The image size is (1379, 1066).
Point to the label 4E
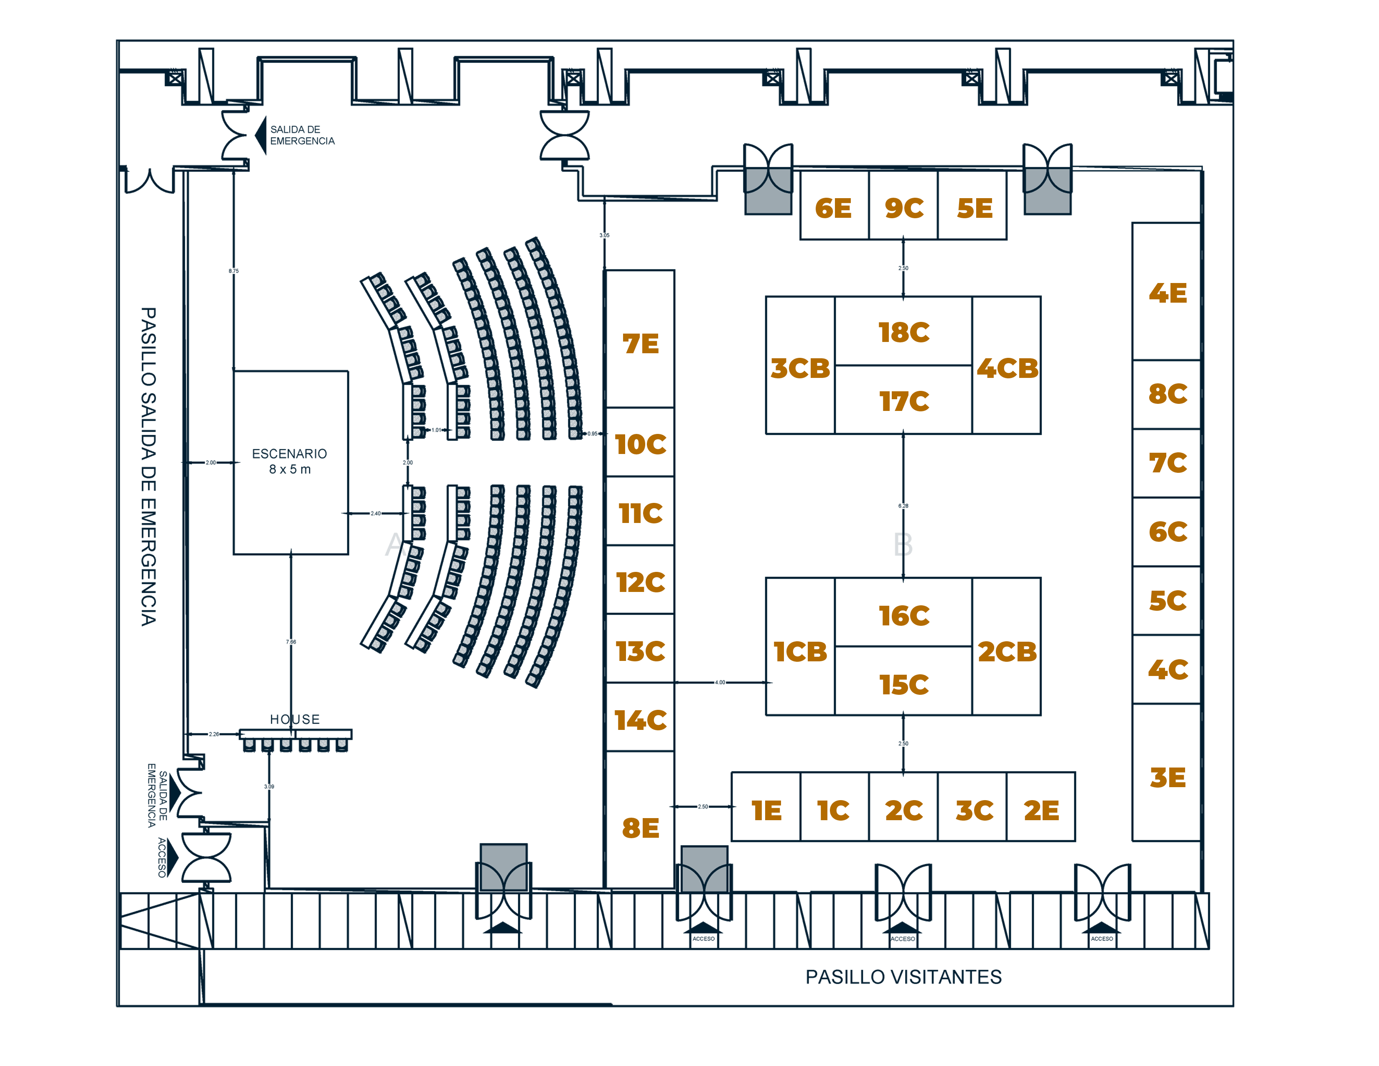click(x=1168, y=293)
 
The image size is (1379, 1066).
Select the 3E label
click(x=1168, y=778)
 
